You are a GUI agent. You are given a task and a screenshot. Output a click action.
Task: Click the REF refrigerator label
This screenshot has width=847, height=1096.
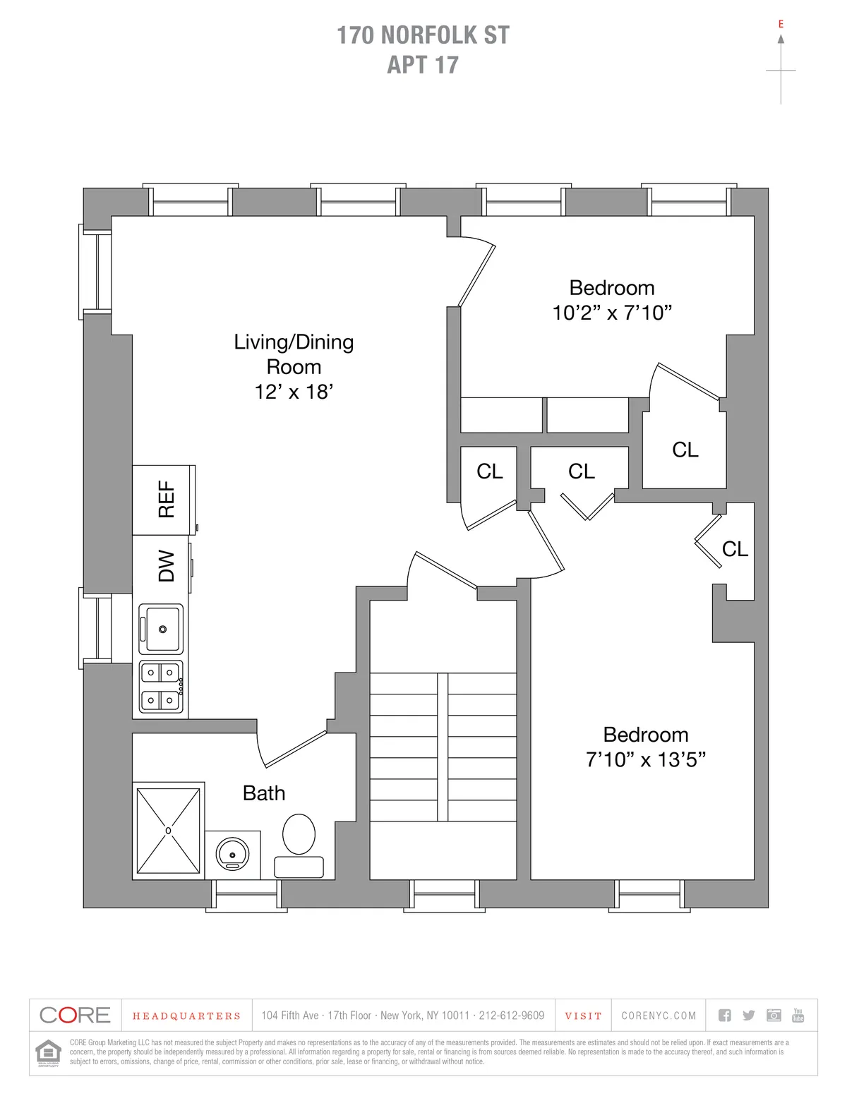click(x=166, y=500)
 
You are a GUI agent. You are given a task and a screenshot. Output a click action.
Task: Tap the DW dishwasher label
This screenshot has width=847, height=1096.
click(x=166, y=565)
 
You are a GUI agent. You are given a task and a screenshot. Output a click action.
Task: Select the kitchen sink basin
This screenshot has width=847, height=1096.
click(x=162, y=628)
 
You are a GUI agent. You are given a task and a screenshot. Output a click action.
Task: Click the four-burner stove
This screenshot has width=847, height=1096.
click(x=161, y=687)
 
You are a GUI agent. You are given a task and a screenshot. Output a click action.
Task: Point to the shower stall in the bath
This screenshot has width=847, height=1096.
click(x=168, y=831)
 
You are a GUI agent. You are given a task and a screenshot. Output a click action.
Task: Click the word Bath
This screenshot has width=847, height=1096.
click(x=264, y=793)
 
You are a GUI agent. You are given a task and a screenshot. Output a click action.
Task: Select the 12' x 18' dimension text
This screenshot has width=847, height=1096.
click(x=294, y=392)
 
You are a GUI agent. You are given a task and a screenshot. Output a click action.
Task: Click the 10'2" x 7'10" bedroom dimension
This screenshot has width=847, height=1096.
click(x=612, y=313)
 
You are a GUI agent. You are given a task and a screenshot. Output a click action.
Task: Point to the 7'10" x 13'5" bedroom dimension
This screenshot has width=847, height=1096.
click(x=646, y=759)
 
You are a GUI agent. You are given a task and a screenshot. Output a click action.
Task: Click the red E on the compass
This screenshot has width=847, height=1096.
click(x=781, y=24)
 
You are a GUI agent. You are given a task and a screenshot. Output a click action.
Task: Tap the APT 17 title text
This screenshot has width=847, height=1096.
click(x=423, y=65)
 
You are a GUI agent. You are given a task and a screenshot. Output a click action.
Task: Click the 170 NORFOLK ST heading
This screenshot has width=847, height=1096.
click(x=423, y=35)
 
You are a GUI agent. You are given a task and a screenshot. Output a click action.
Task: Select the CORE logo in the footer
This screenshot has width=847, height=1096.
click(x=75, y=1016)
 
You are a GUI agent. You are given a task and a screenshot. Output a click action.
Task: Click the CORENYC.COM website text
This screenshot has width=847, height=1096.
click(x=659, y=1016)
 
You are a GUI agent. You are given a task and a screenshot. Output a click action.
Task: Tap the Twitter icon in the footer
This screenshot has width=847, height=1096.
click(x=749, y=1016)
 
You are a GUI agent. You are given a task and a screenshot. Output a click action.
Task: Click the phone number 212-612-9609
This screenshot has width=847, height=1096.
click(x=511, y=1016)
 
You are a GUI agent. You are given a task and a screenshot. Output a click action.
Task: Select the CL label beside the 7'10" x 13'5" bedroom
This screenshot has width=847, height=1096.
click(x=735, y=548)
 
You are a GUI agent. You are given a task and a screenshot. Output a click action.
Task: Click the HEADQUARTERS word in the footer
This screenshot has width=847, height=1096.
click(x=186, y=1016)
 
